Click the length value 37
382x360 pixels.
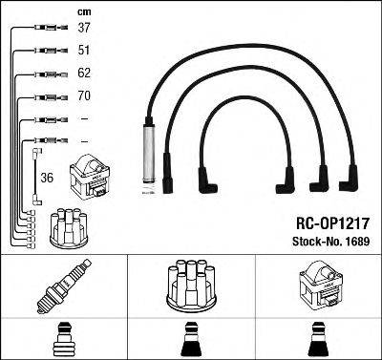[83, 28]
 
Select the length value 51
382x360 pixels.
[83, 51]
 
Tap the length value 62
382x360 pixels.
[83, 74]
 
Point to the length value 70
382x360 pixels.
[83, 96]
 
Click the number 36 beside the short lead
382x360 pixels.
[47, 177]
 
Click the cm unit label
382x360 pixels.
[82, 11]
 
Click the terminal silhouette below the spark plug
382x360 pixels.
[64, 339]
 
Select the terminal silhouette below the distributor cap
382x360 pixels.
[191, 339]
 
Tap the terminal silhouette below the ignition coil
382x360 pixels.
[318, 339]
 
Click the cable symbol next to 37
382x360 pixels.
[47, 28]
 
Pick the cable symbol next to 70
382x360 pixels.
[47, 96]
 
